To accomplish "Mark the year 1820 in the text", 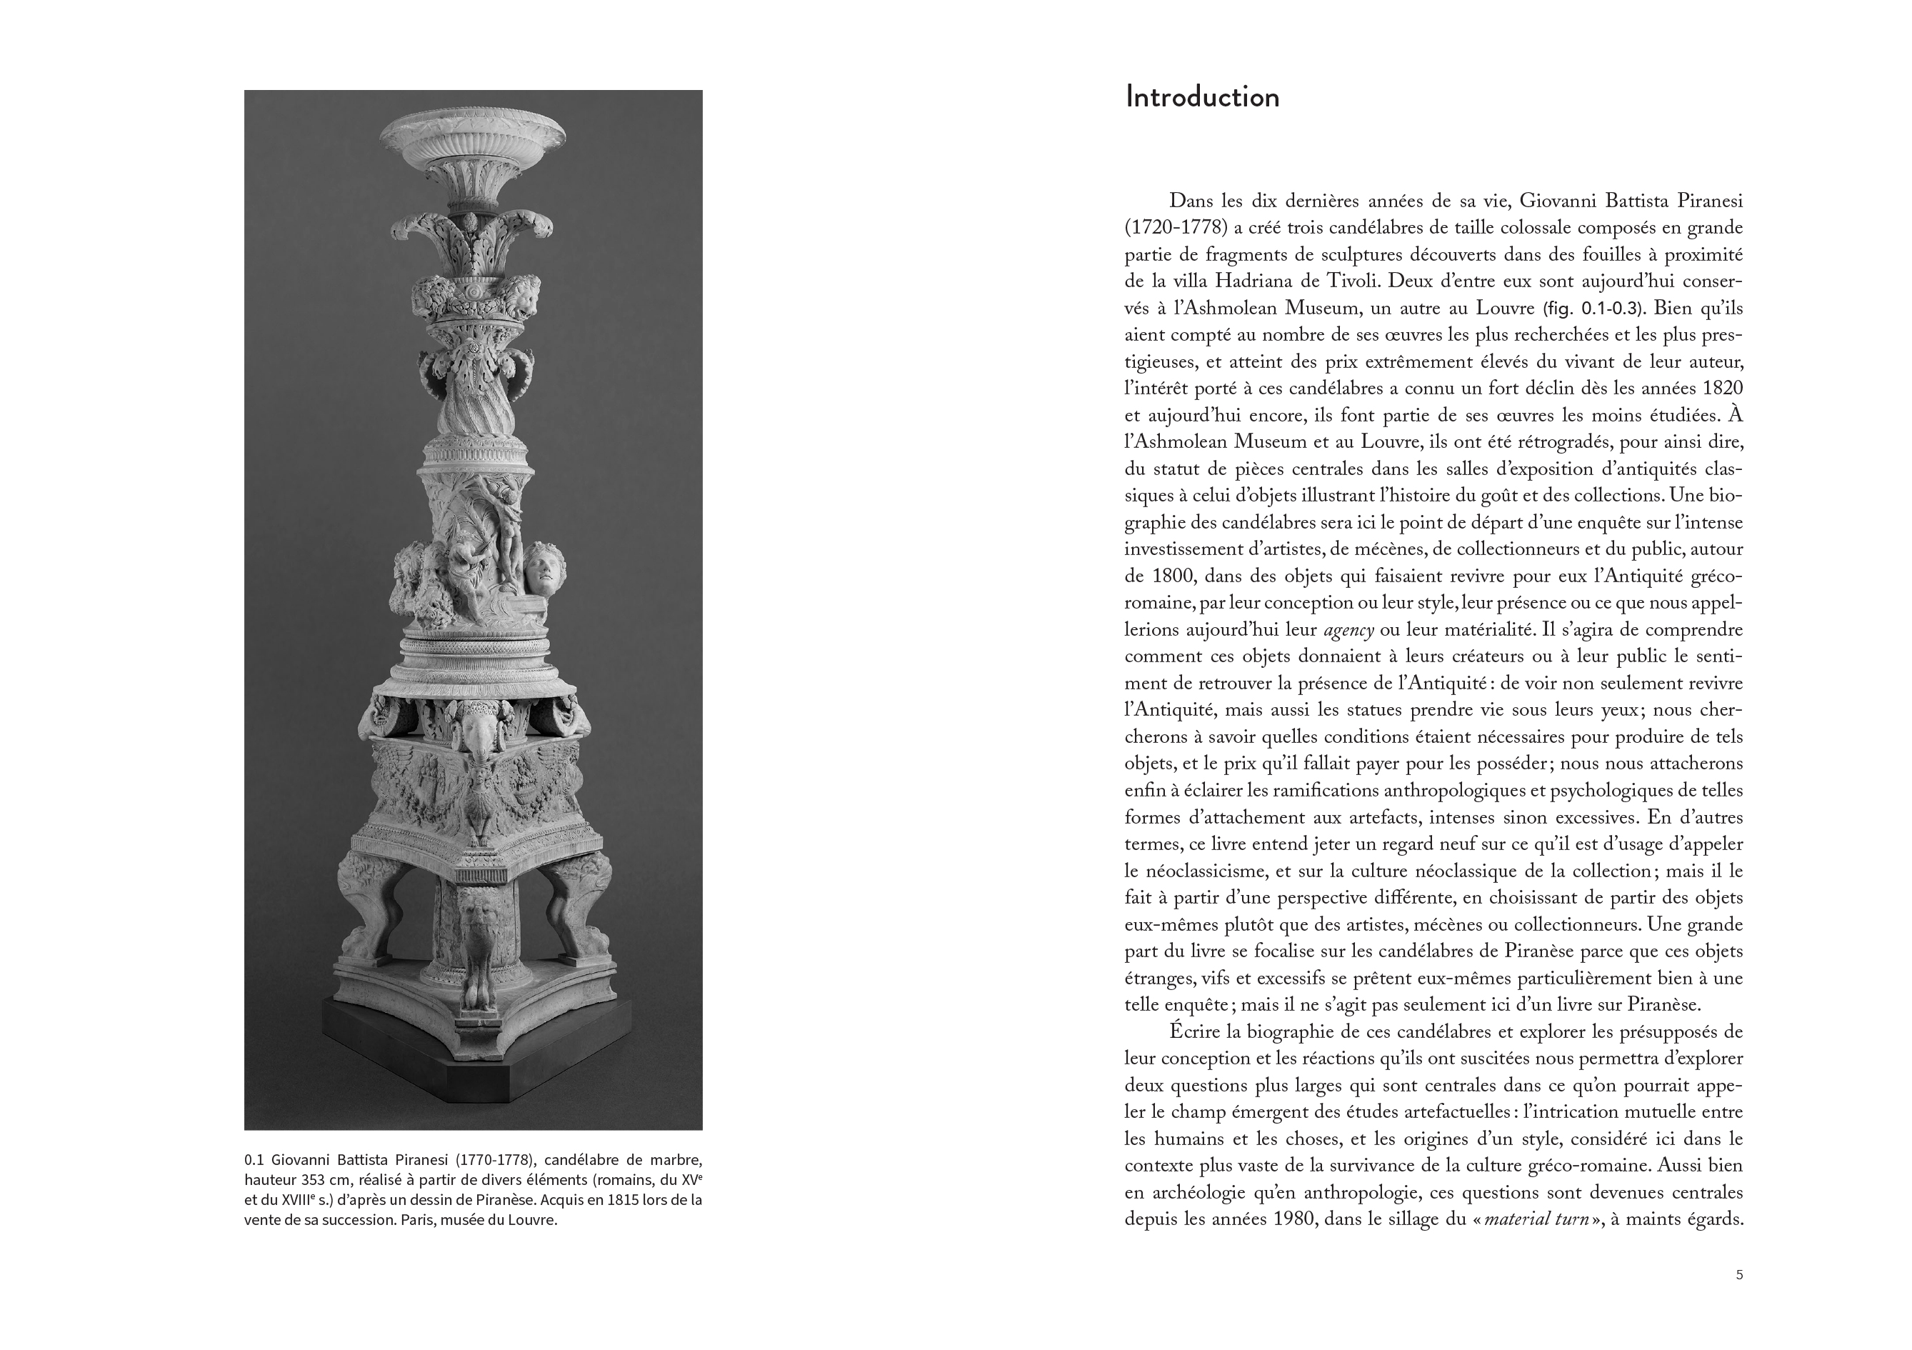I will pos(1717,388).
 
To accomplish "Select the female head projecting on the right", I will pos(543,566).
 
